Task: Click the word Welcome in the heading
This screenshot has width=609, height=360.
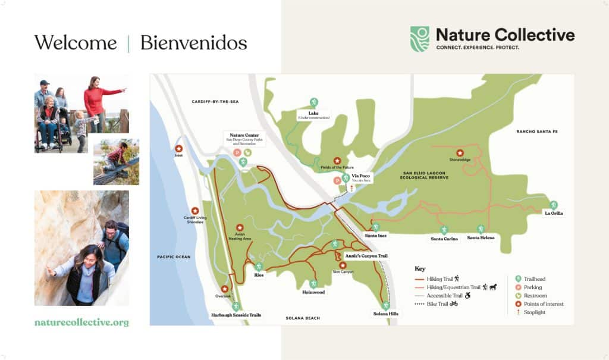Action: point(75,43)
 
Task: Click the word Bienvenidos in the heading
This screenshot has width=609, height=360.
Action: point(193,43)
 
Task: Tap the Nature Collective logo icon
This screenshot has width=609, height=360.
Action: point(419,39)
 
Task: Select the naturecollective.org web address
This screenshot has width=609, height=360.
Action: point(81,323)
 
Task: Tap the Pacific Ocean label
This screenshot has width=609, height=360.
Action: point(174,256)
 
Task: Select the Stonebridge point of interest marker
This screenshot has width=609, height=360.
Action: point(459,152)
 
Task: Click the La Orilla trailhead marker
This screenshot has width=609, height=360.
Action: point(553,205)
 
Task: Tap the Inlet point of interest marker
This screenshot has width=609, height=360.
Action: point(178,149)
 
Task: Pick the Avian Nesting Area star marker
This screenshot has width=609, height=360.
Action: point(240,227)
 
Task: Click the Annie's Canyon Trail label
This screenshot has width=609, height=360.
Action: point(366,256)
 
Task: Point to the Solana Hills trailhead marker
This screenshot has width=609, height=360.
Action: point(385,305)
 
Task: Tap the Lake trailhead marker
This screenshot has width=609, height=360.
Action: point(313,102)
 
